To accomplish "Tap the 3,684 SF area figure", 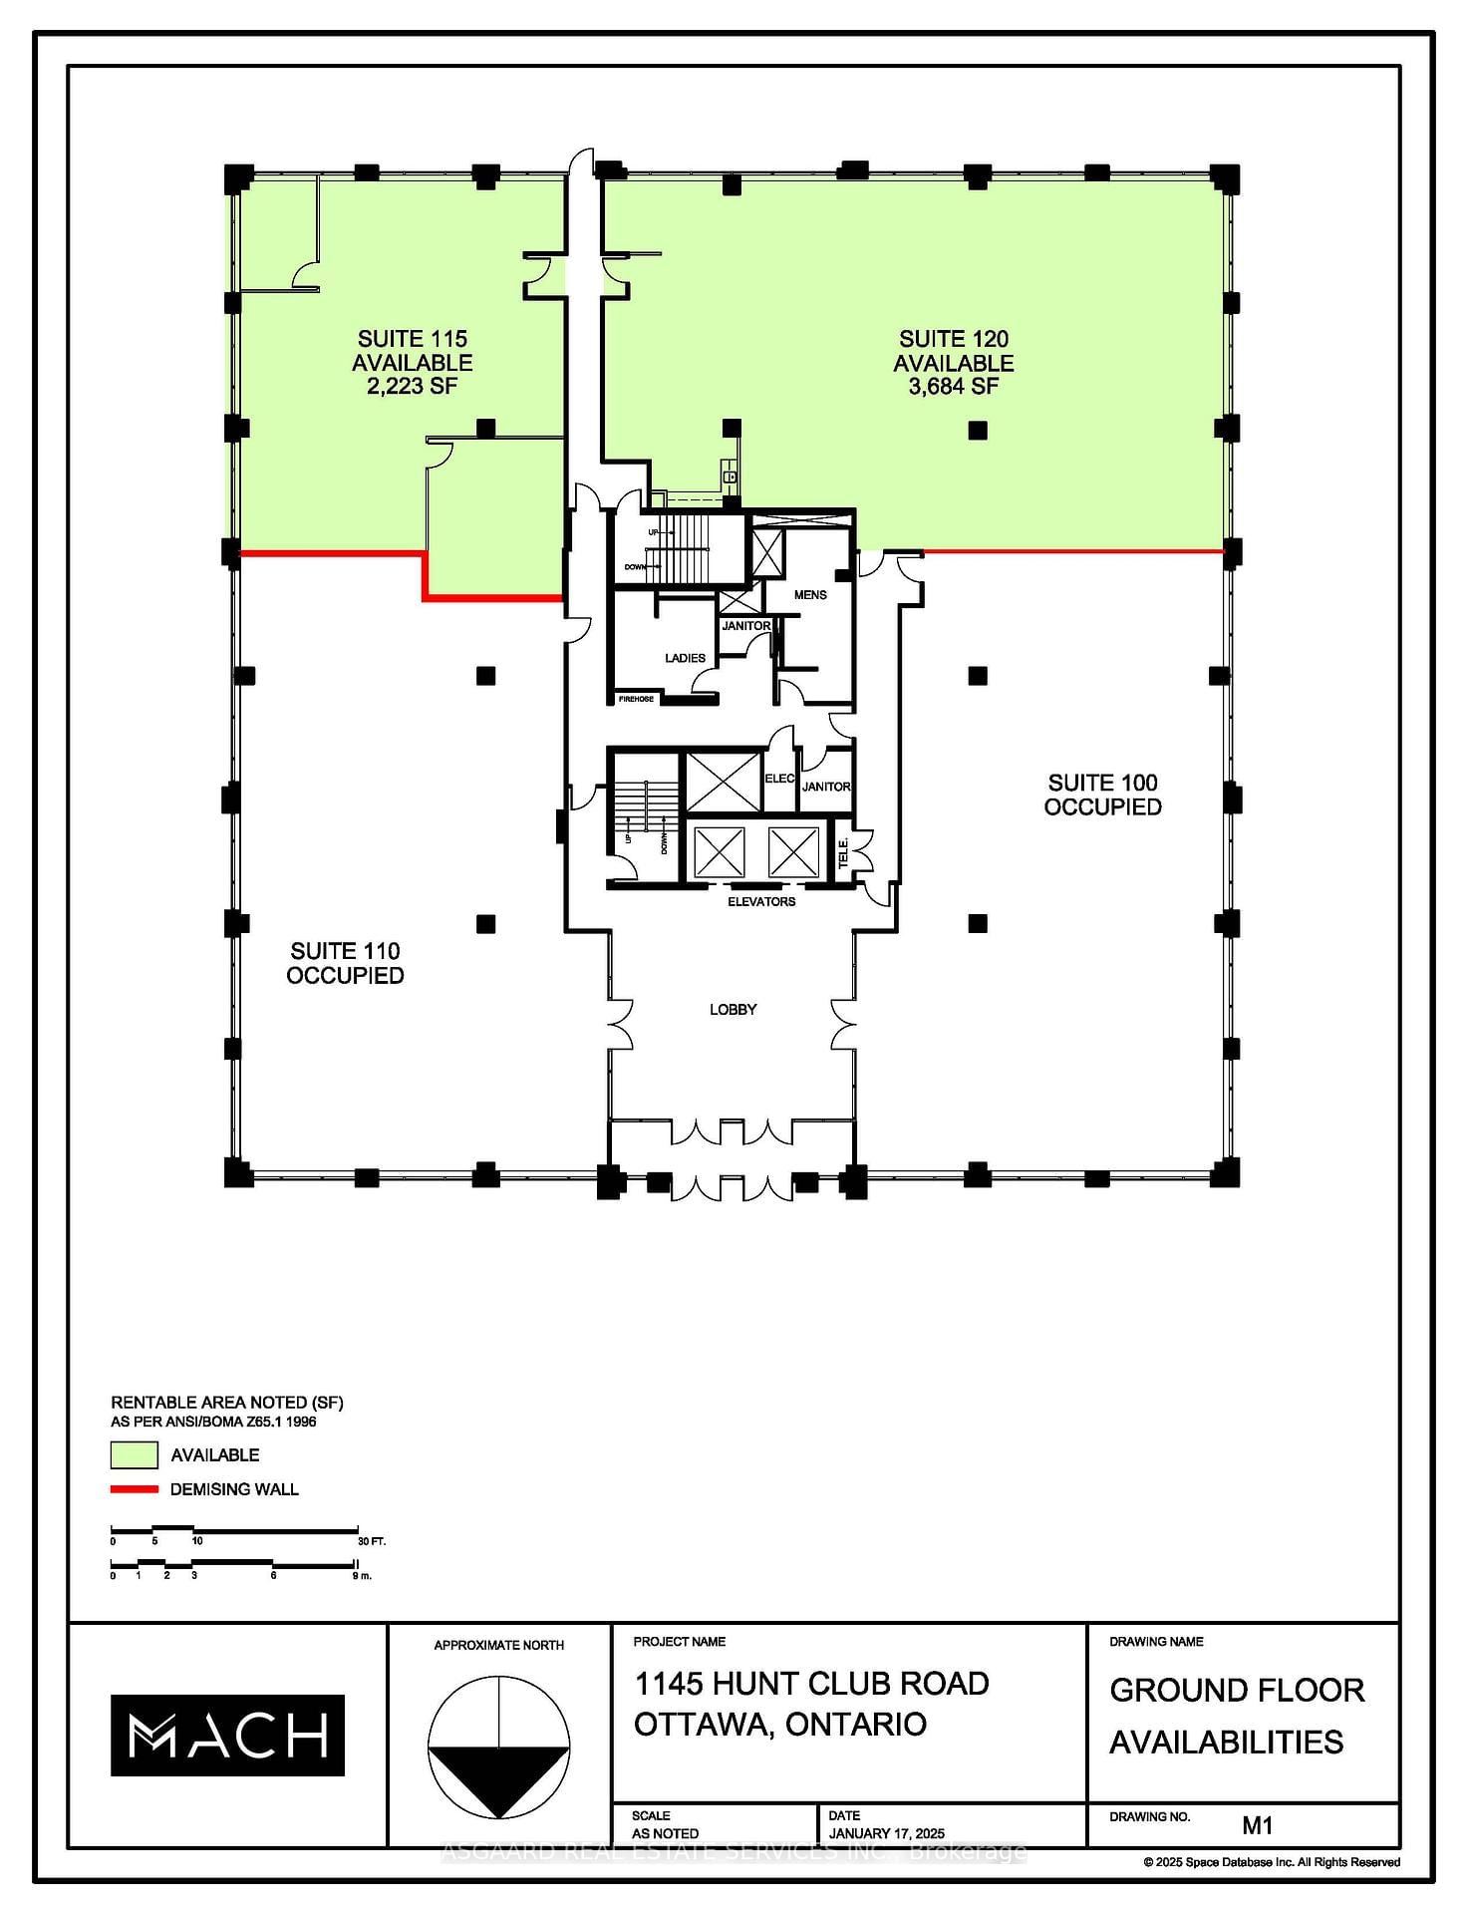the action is (x=953, y=387).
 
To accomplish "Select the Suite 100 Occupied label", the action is (x=1102, y=795).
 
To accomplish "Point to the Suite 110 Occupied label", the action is (x=345, y=963).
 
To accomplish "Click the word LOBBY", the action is (x=733, y=1010).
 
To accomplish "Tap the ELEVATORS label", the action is (x=761, y=902).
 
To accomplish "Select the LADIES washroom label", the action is (x=685, y=658).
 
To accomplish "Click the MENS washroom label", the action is (x=810, y=595).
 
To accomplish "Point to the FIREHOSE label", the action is (x=636, y=699).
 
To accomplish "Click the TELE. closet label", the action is (x=843, y=852).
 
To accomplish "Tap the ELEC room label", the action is (x=779, y=779).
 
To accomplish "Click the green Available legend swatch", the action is (x=134, y=1455).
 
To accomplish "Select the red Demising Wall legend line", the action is (x=134, y=1489).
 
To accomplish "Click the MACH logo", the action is (x=227, y=1736).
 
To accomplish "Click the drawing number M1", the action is (x=1258, y=1825).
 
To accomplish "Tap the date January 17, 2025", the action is (x=886, y=1833).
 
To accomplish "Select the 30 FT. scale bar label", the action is (x=371, y=1541).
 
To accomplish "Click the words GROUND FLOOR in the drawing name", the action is (x=1237, y=1690).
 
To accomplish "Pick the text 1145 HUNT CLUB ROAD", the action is (x=811, y=1684).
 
